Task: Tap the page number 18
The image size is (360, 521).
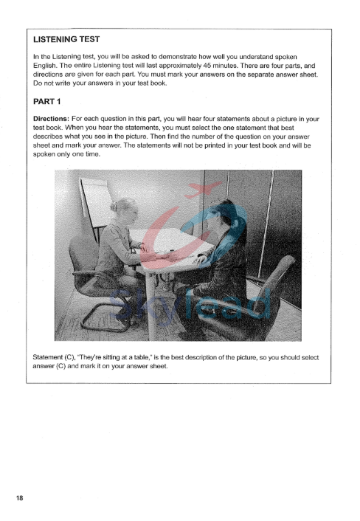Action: pos(19,499)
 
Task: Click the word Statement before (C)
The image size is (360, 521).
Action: pos(53,357)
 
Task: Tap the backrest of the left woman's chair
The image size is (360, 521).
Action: pos(83,255)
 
